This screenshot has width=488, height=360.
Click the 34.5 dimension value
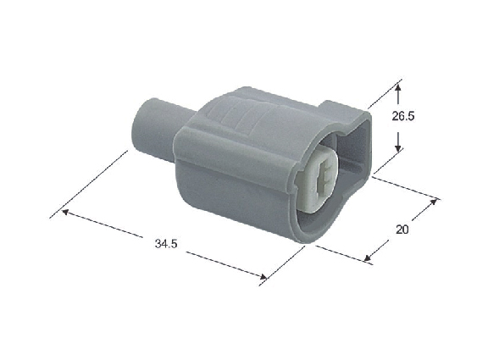tap(166, 243)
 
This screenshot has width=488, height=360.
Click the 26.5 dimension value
tap(403, 116)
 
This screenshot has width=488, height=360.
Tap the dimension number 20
tap(402, 230)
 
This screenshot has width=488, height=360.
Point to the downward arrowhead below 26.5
tap(397, 147)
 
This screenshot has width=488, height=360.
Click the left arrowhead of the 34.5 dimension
tap(66, 212)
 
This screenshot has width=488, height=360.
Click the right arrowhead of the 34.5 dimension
tap(263, 277)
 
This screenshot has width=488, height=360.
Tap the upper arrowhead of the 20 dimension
tap(433, 202)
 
